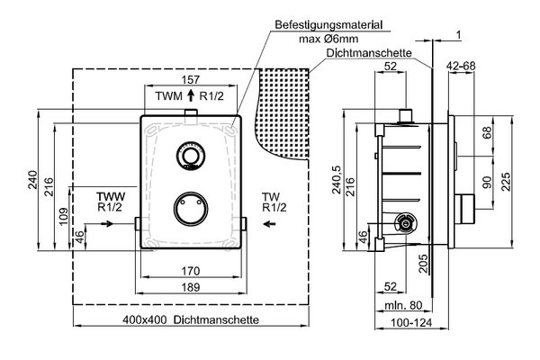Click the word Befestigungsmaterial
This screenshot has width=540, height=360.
coord(328,25)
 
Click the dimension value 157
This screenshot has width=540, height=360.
coord(191,79)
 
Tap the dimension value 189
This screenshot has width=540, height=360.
coord(191,287)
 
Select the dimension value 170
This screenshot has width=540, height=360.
coord(191,271)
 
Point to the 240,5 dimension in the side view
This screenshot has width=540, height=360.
coord(337,179)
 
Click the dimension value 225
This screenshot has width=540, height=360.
coord(506,182)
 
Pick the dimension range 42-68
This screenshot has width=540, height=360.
coord(461,66)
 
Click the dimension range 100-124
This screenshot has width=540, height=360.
coord(411,323)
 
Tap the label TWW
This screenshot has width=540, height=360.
coord(111,197)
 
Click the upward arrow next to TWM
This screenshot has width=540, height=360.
coord(191,95)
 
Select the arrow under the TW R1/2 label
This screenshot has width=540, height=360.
coord(269,224)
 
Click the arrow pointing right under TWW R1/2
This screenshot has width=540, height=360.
coord(107,224)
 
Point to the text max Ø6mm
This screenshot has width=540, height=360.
coord(328,39)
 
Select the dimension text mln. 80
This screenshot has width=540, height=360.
coord(403,305)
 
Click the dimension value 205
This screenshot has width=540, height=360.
coord(423,263)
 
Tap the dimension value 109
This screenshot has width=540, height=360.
coord(64,216)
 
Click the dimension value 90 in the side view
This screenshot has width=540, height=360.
coord(487,182)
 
